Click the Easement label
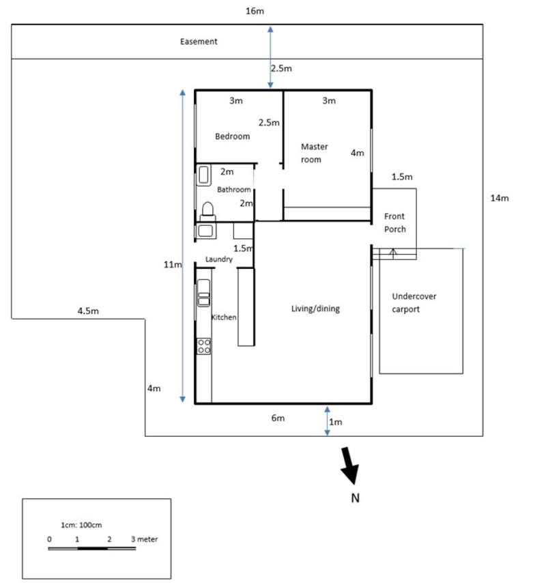tap(199, 42)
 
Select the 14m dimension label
tap(500, 198)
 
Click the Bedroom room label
tap(232, 136)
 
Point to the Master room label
tap(315, 153)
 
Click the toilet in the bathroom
tap(207, 208)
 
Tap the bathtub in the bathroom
tap(204, 175)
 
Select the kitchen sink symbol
tap(203, 293)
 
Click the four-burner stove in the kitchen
tap(203, 345)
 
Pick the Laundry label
tap(219, 259)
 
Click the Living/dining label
tap(315, 309)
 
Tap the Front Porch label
tap(395, 222)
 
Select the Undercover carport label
tap(414, 302)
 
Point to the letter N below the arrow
tap(354, 498)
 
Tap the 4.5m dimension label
tap(89, 311)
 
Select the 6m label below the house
tap(278, 418)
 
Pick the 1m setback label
tap(335, 422)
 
